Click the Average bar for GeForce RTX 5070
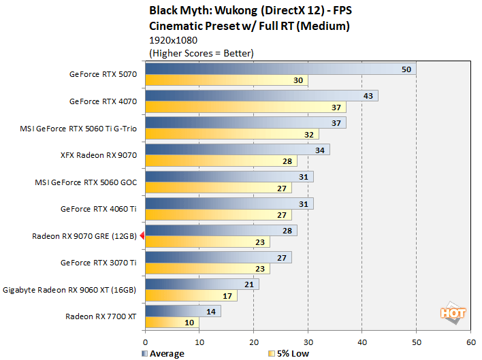click(x=280, y=69)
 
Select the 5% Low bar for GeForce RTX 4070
click(x=246, y=108)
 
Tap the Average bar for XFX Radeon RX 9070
click(x=238, y=150)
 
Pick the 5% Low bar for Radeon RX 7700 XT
click(x=172, y=322)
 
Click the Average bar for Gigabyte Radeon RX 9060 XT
click(x=202, y=284)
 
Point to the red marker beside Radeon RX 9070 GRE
click(x=142, y=235)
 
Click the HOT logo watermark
click(x=453, y=313)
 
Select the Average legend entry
click(x=163, y=354)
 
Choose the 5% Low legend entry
click(x=289, y=354)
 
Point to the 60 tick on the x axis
click(x=471, y=342)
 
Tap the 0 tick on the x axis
click(x=146, y=342)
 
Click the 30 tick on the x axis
click(x=308, y=342)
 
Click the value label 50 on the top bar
click(x=406, y=69)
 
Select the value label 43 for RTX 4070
click(x=368, y=96)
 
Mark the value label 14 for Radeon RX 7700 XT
click(x=211, y=312)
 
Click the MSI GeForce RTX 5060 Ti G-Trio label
click(x=78, y=129)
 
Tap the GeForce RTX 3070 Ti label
click(x=98, y=263)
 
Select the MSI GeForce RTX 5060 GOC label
click(x=86, y=182)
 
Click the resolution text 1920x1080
click(x=174, y=40)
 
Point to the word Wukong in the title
click(x=236, y=11)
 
